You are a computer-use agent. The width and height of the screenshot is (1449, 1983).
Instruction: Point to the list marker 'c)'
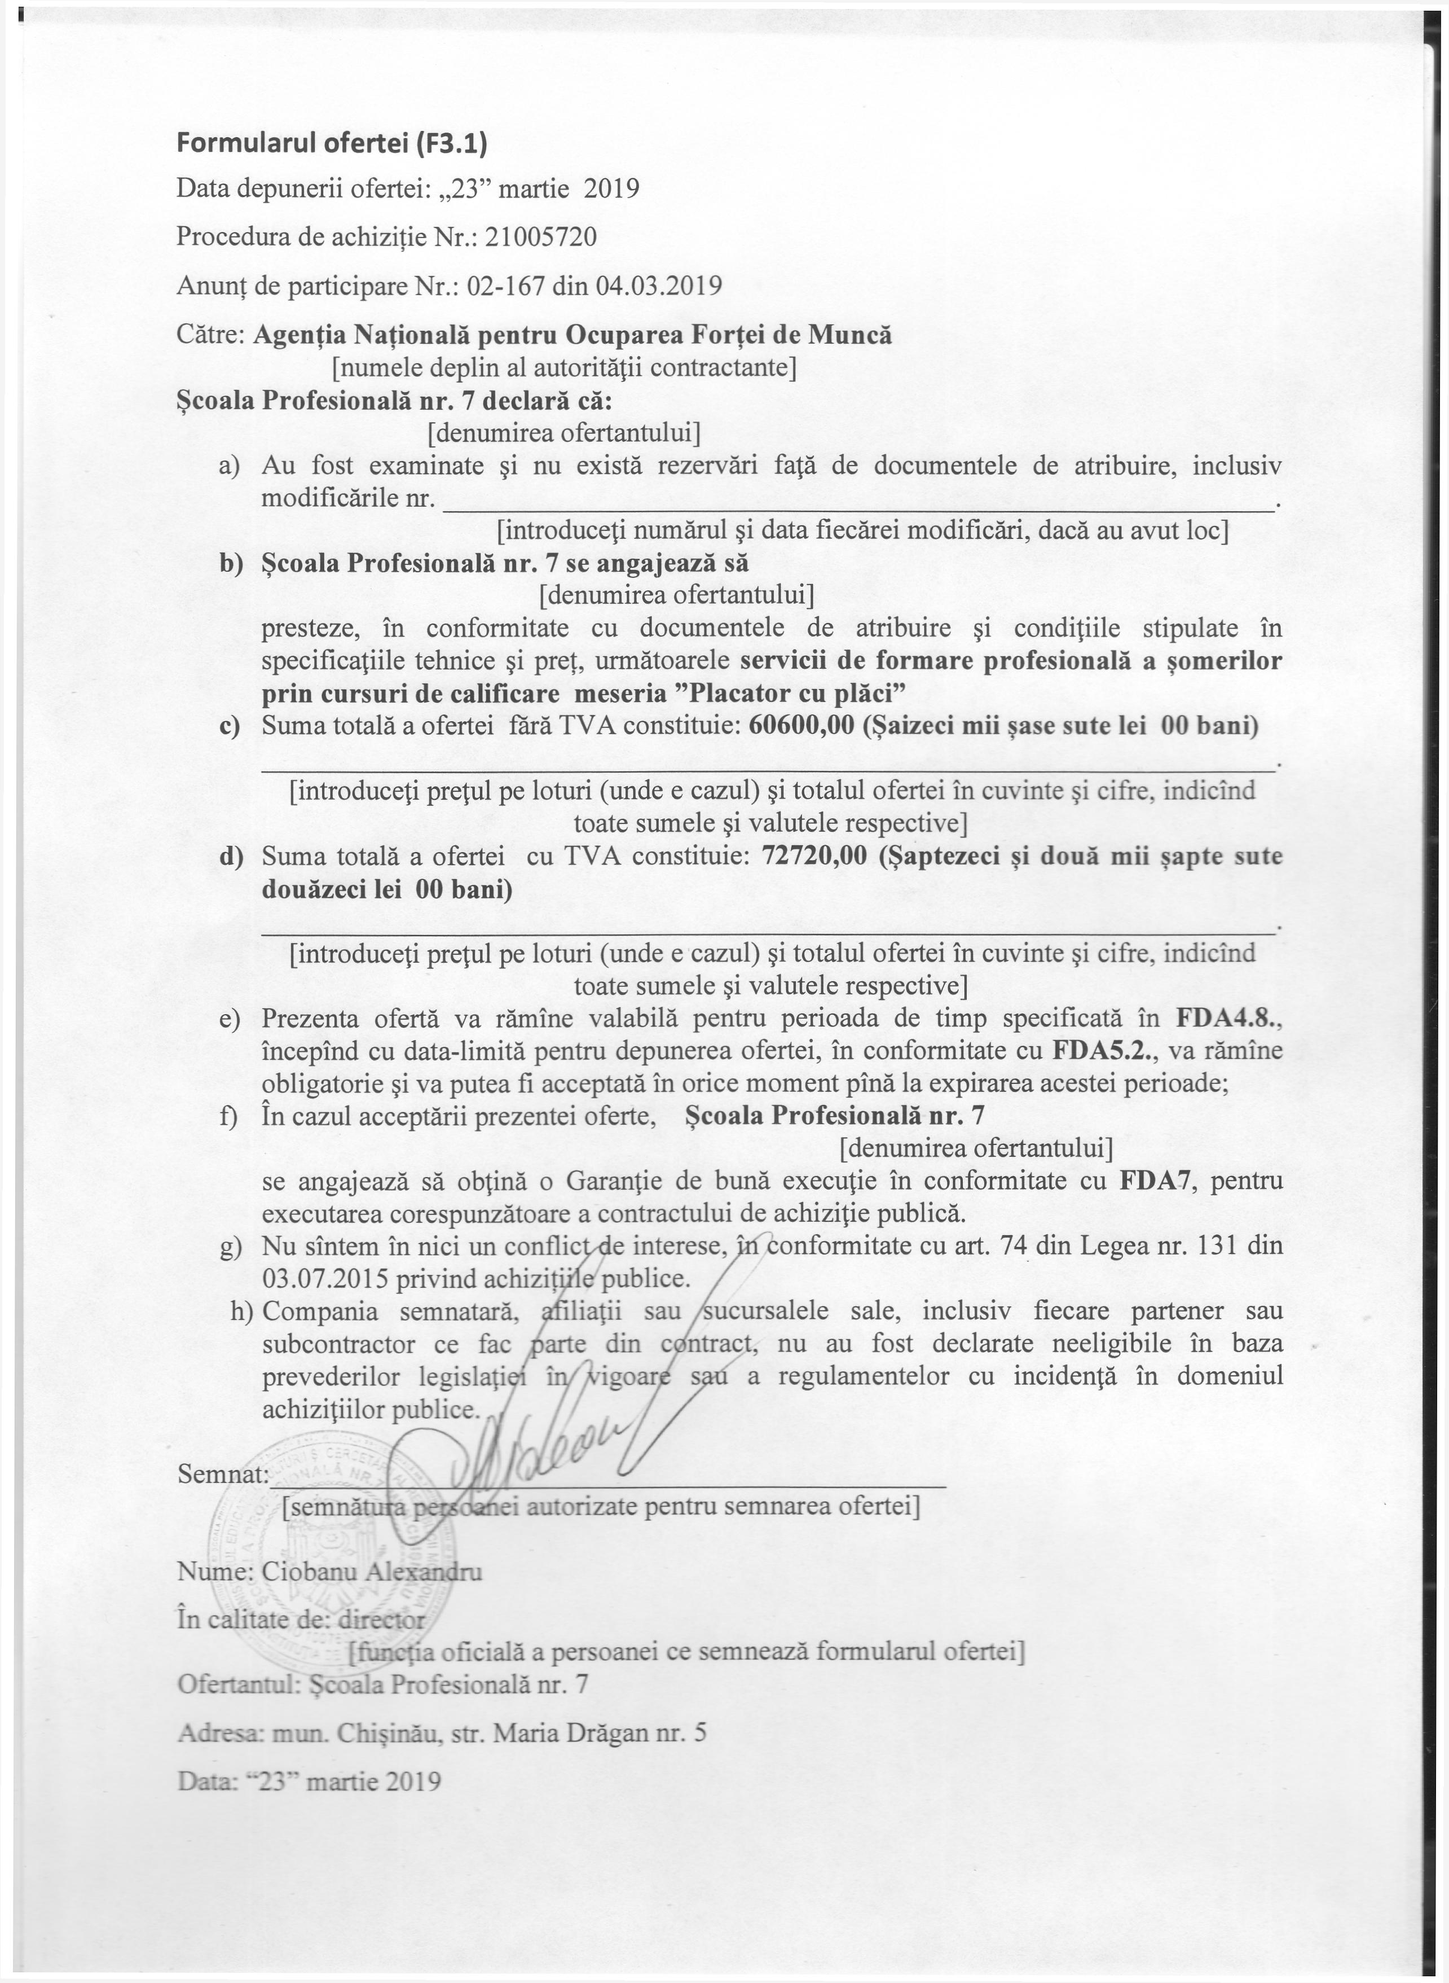[x=230, y=726]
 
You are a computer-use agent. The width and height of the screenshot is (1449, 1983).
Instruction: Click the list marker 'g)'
[x=230, y=1246]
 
